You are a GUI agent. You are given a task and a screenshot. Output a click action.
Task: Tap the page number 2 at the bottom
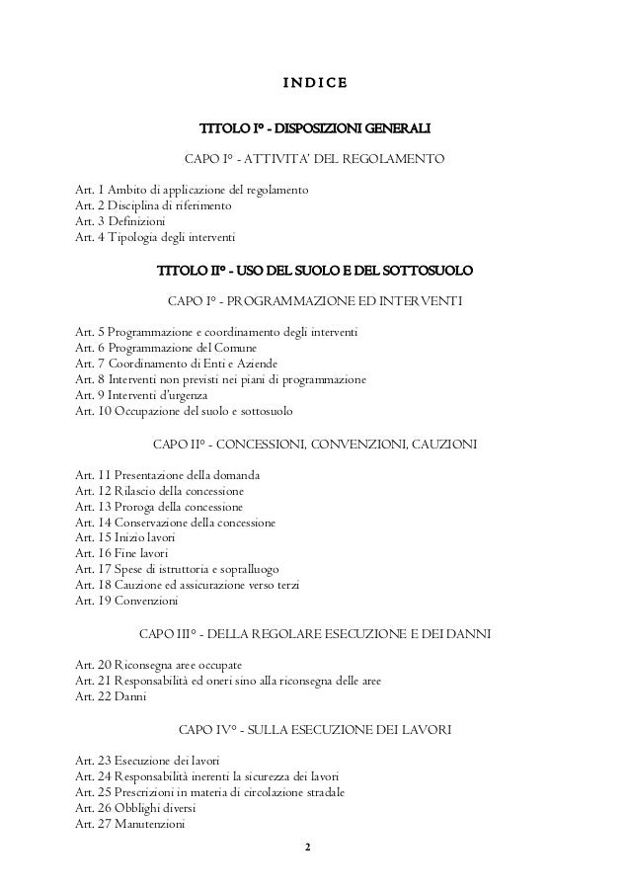coord(307,849)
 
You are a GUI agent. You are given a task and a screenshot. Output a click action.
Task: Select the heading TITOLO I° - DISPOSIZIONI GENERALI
coord(315,129)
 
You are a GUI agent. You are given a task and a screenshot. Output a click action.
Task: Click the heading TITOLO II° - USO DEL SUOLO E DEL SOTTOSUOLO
coord(315,270)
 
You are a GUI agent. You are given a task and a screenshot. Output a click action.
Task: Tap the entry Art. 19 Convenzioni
coord(125,601)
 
